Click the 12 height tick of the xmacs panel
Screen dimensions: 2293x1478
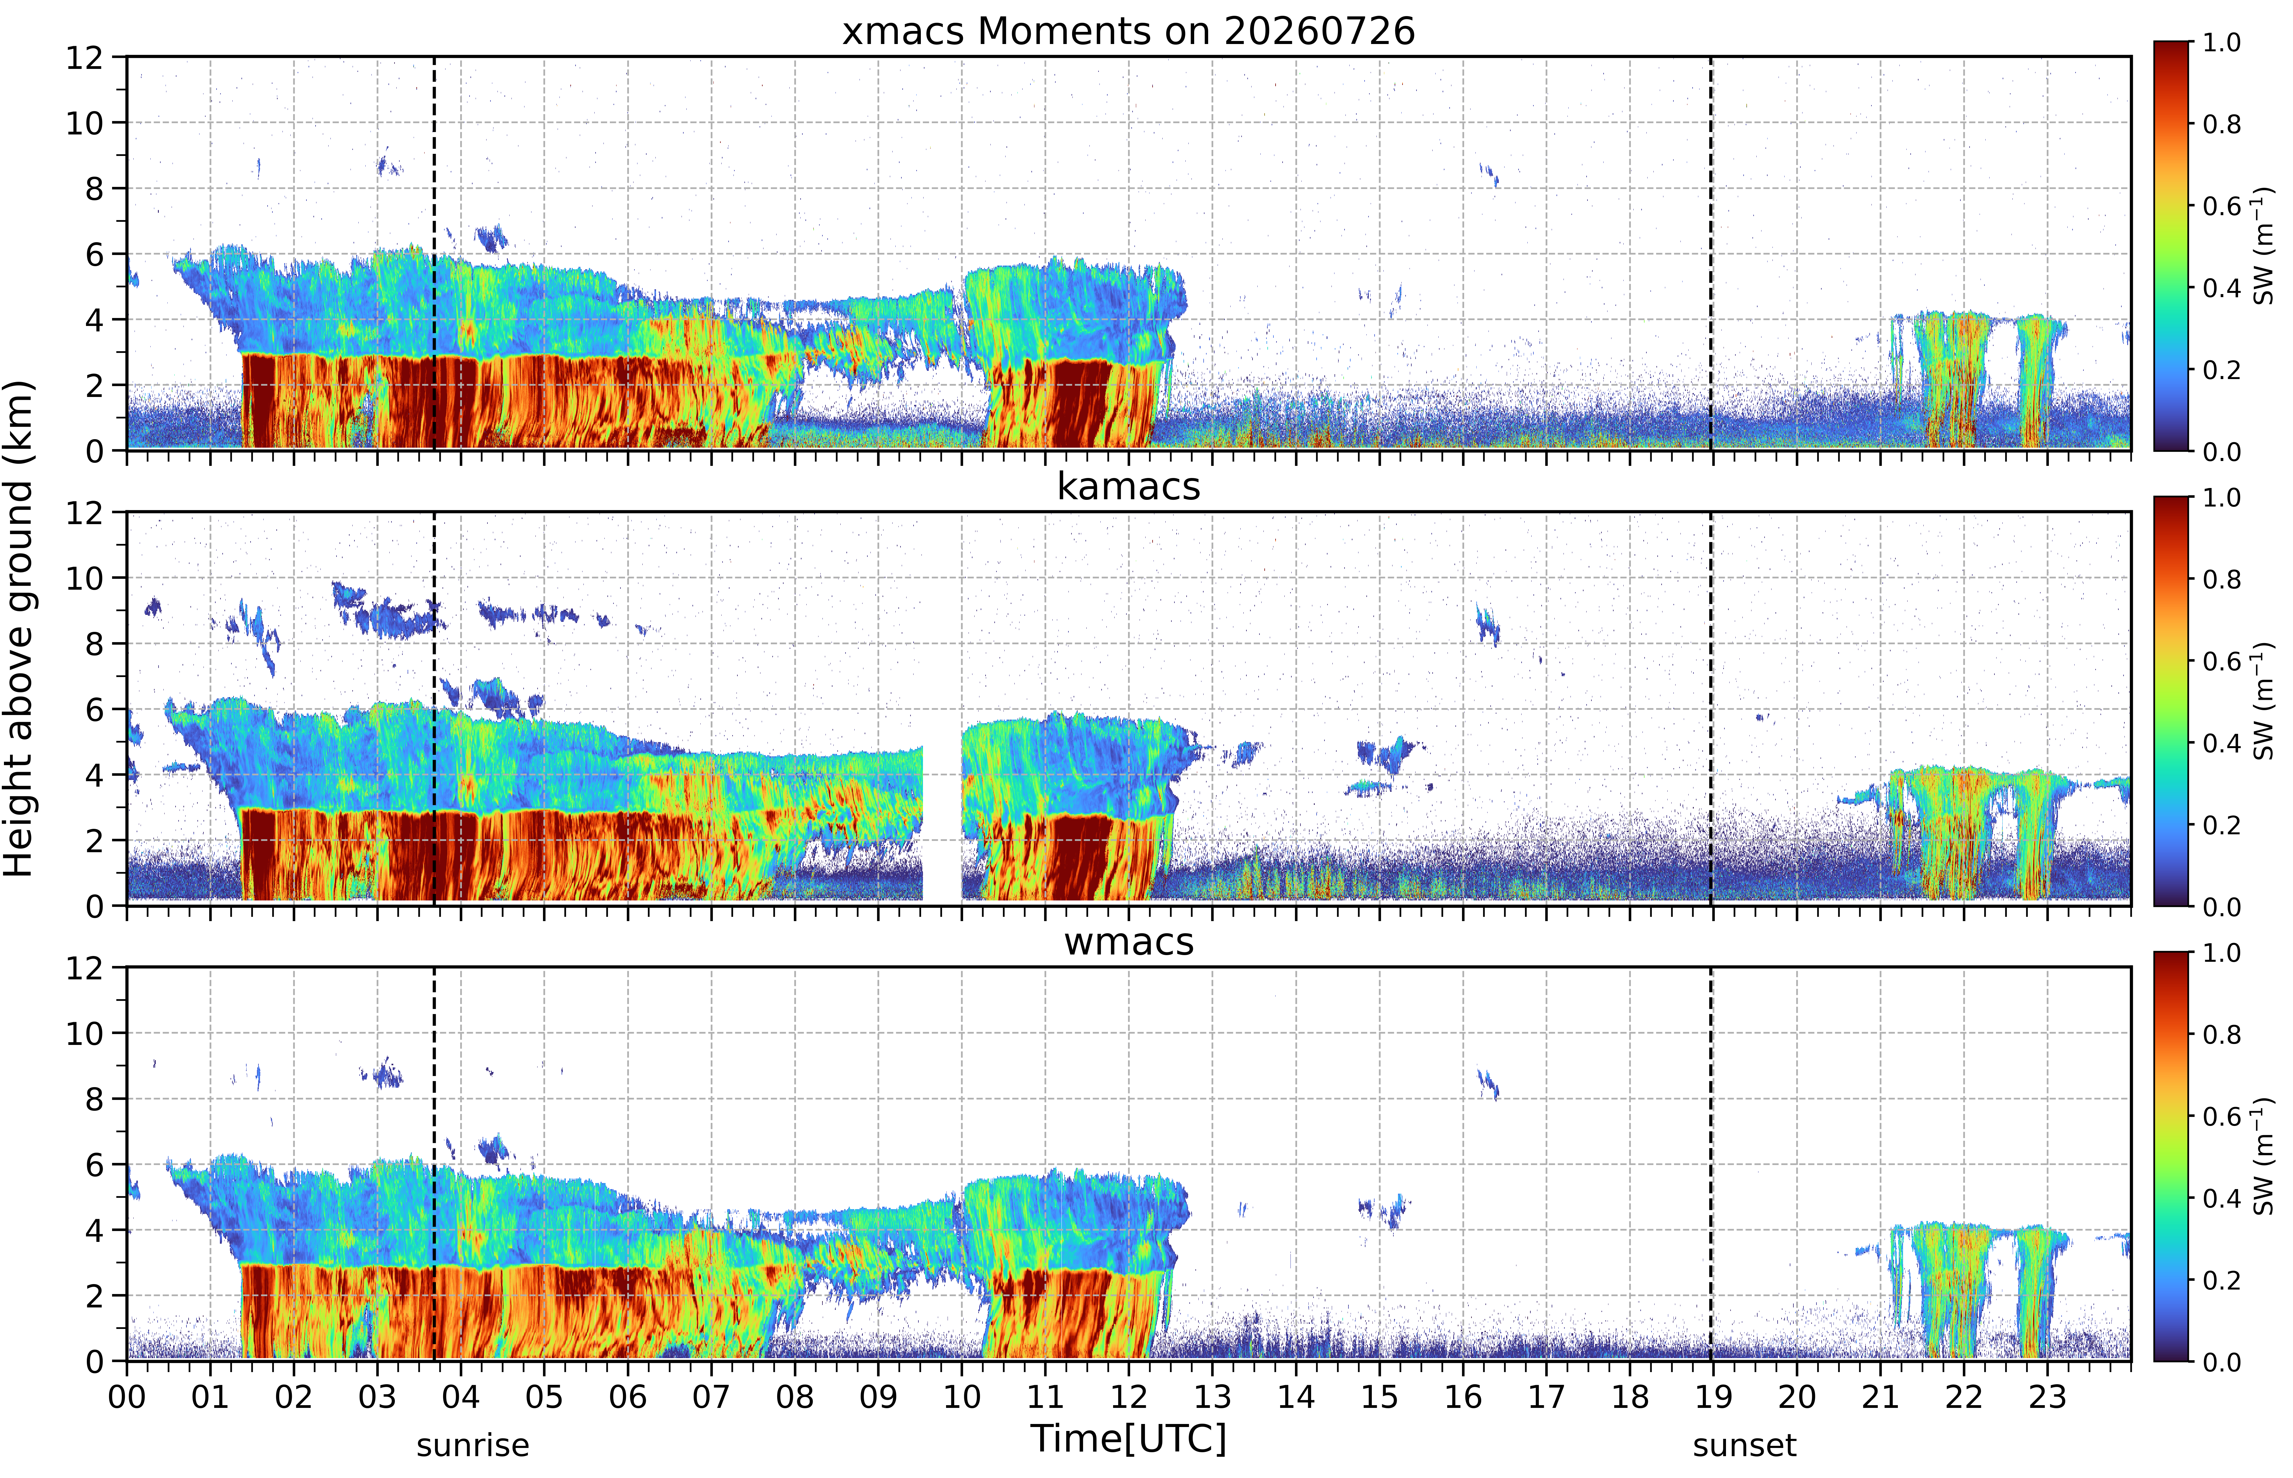coord(84,58)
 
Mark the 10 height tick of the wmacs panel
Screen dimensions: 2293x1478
coord(84,1034)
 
